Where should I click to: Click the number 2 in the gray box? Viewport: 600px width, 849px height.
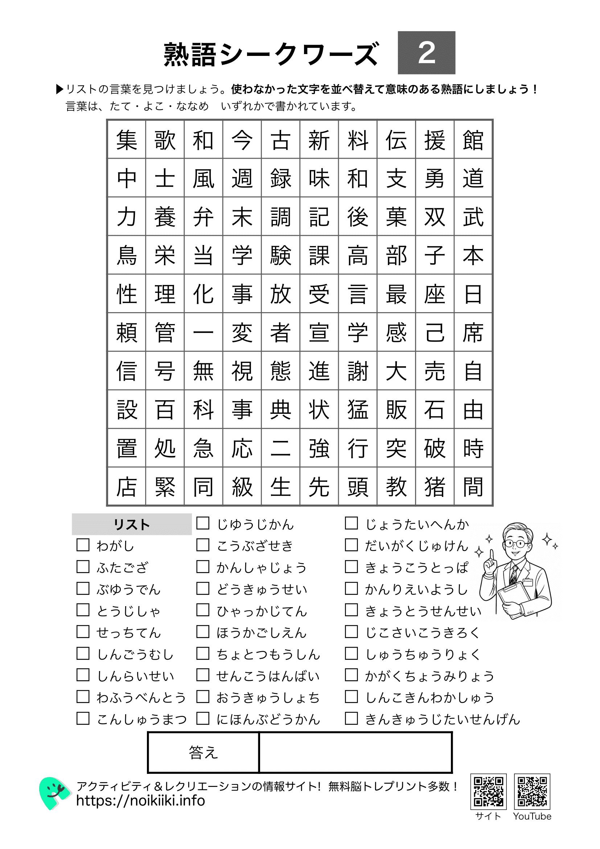pos(426,53)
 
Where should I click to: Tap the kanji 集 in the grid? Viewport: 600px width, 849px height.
pos(126,140)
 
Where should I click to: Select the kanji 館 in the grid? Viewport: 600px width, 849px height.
pos(473,140)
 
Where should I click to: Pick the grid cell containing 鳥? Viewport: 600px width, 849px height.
pos(126,256)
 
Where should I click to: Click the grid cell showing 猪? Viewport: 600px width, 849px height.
pos(435,487)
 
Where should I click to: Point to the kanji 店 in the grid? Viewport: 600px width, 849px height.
pos(126,487)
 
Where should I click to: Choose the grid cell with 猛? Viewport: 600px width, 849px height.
pos(358,410)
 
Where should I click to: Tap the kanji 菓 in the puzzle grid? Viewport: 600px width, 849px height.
pos(396,217)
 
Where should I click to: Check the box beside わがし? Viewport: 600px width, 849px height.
pos(83,545)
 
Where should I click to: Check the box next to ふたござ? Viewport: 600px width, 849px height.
pos(83,567)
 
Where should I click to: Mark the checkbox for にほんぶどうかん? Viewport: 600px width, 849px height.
pos(203,718)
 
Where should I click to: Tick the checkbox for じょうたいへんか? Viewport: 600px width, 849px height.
pos(352,523)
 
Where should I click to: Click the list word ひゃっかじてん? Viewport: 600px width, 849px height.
pos(262,611)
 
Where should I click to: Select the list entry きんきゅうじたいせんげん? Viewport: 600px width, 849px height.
pos(442,719)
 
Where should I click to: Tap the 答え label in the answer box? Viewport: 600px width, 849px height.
pos(203,752)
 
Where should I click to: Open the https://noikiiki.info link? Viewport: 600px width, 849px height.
pos(140,801)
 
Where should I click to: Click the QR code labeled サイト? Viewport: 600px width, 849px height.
pos(488,792)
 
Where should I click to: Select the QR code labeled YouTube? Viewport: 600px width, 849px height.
pos(532,792)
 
